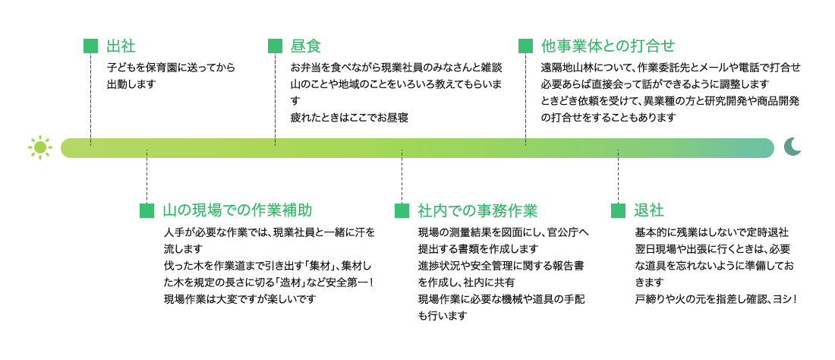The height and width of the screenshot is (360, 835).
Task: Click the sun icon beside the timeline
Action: tap(40, 147)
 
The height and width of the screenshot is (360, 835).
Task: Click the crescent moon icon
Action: tap(792, 147)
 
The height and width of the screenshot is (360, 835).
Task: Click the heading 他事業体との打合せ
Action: tap(607, 46)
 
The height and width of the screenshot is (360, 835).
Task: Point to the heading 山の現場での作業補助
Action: tap(236, 210)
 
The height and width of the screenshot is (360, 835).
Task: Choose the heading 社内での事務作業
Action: tap(477, 210)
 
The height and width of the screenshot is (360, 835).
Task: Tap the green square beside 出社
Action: tap(90, 46)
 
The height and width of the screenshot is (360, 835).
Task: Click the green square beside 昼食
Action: tap(275, 46)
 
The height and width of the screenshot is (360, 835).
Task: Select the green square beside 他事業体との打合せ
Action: tap(525, 46)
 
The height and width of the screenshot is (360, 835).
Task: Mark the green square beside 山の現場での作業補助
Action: tap(147, 210)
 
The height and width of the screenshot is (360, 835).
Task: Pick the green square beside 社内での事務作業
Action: tap(402, 210)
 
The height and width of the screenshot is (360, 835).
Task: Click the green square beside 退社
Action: tap(618, 210)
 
